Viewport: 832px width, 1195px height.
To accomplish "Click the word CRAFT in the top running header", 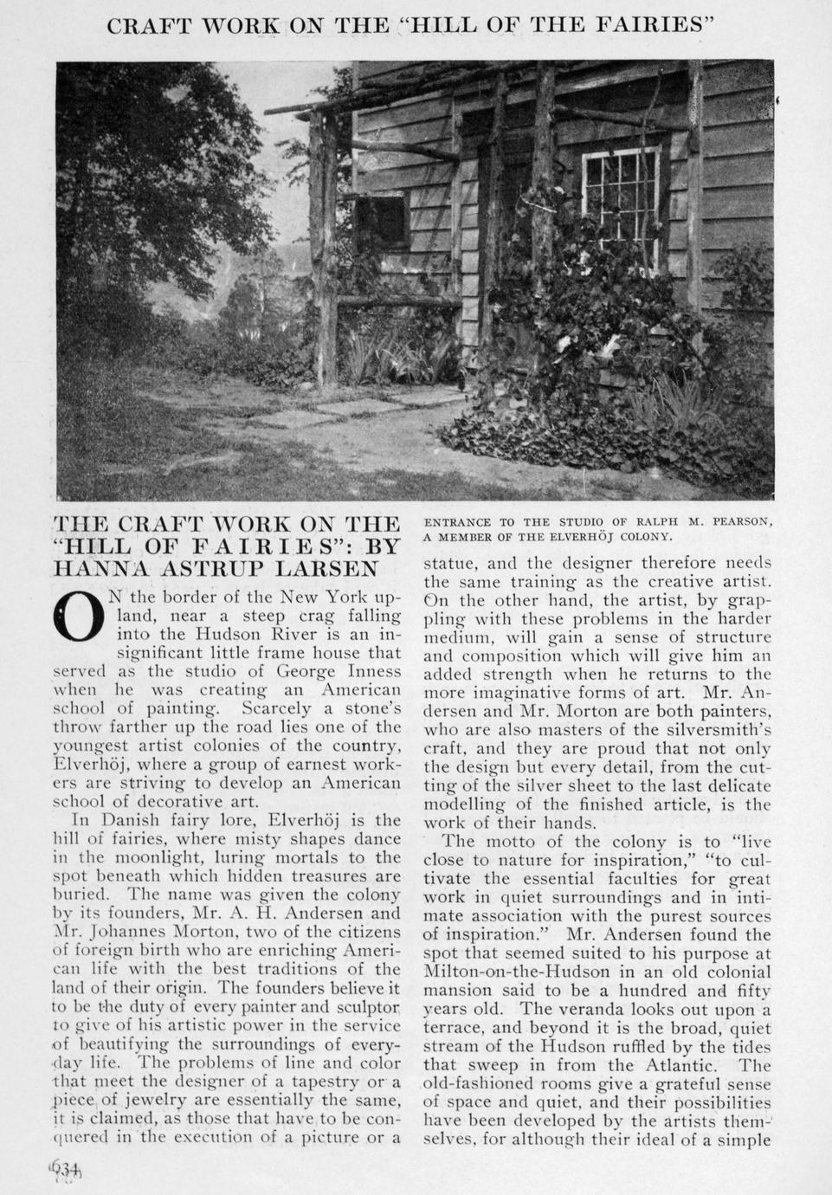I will (x=156, y=25).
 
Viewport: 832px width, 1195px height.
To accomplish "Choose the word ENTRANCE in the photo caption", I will (x=457, y=521).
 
